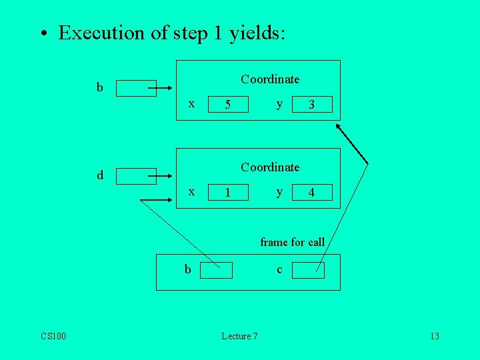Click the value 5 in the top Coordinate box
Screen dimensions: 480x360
(x=228, y=105)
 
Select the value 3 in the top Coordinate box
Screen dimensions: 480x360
(x=311, y=105)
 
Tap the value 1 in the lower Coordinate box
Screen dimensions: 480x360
(x=228, y=193)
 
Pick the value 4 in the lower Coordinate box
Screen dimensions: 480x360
(x=311, y=193)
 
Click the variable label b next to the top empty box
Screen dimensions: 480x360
(x=99, y=87)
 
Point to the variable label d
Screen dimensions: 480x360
(x=100, y=175)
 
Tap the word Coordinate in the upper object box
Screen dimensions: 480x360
(x=270, y=79)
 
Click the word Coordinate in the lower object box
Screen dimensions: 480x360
(x=270, y=167)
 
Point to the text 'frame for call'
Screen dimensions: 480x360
(x=292, y=242)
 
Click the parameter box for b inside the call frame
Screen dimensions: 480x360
(x=217, y=270)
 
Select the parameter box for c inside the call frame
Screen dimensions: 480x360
(x=308, y=270)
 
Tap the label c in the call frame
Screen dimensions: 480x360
(x=279, y=269)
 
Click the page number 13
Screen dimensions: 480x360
(x=434, y=336)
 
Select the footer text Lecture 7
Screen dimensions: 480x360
(x=239, y=336)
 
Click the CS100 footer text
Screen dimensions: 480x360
(x=53, y=336)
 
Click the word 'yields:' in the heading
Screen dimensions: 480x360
(x=257, y=33)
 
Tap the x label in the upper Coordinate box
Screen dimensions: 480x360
(x=192, y=103)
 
